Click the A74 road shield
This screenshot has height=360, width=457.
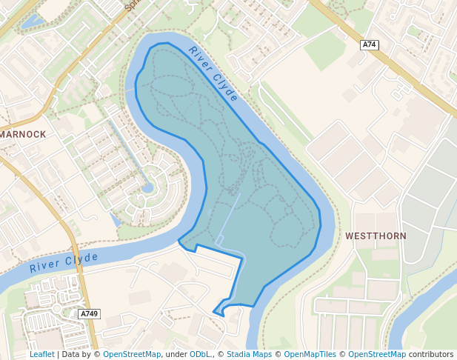[370, 45]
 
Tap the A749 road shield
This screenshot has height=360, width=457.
[89, 314]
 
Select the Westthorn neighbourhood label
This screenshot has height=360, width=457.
[376, 236]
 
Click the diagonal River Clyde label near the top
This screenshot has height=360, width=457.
[213, 74]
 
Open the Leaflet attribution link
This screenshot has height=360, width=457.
[41, 354]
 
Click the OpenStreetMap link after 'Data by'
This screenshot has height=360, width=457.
[132, 354]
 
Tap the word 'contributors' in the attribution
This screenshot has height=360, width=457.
[430, 354]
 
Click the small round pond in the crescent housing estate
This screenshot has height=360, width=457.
[148, 187]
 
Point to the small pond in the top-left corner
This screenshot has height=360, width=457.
[31, 21]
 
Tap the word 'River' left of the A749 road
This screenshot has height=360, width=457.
[45, 266]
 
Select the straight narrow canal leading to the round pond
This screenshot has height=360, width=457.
[126, 153]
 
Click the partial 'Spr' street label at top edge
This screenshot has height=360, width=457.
[130, 4]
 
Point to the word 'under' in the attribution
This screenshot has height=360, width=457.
[176, 354]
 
